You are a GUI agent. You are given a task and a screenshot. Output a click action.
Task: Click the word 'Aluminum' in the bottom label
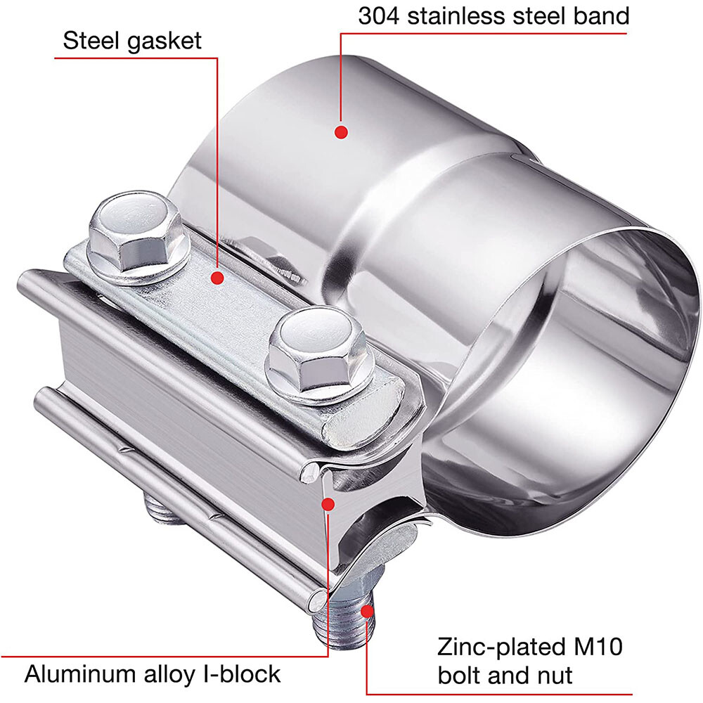tap(88, 674)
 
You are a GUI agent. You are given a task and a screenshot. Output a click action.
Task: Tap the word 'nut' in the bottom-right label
tap(553, 676)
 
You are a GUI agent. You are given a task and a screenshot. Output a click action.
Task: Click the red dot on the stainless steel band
tap(341, 131)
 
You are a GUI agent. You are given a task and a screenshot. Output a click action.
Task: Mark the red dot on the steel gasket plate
tap(217, 278)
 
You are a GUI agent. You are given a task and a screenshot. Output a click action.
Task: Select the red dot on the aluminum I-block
tap(328, 503)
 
